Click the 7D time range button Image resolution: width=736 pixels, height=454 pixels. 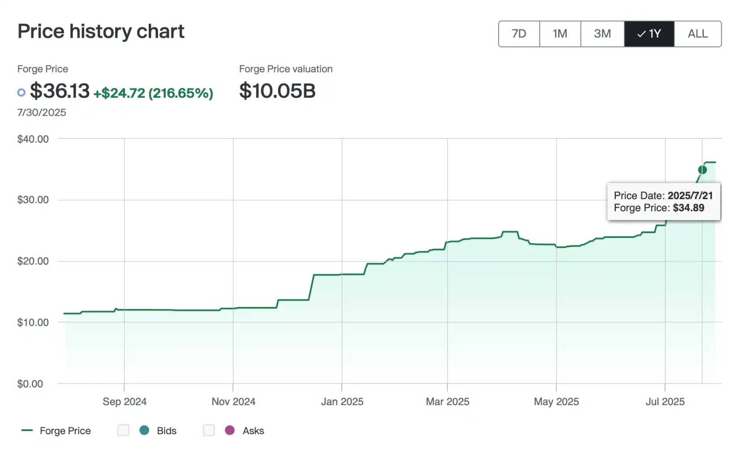point(519,34)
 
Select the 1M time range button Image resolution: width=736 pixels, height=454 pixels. point(560,34)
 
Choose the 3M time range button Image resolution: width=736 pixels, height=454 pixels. point(602,34)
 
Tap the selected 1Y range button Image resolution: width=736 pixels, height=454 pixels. point(649,34)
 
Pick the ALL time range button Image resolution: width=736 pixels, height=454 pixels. point(697,34)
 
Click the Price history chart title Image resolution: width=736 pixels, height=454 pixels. point(101,31)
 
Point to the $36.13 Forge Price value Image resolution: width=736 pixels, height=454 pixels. point(60,91)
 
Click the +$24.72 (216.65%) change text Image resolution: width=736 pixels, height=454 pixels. point(153,93)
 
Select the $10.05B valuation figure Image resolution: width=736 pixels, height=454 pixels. point(277,91)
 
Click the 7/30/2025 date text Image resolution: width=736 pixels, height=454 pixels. point(42,113)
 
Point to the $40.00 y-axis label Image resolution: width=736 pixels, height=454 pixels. point(33,139)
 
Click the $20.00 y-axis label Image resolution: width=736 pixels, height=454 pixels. point(33,261)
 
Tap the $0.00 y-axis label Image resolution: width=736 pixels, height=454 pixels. point(30,384)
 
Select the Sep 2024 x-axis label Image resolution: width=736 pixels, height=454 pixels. point(125,402)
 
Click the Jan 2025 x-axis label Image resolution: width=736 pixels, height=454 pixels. point(342,402)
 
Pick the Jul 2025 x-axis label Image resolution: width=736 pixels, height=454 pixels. point(665,402)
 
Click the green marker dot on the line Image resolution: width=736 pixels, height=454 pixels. point(702,170)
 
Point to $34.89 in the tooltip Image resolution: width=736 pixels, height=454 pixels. point(689,208)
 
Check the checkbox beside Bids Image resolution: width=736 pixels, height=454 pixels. point(123,431)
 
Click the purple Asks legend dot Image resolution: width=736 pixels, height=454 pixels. point(230,431)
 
